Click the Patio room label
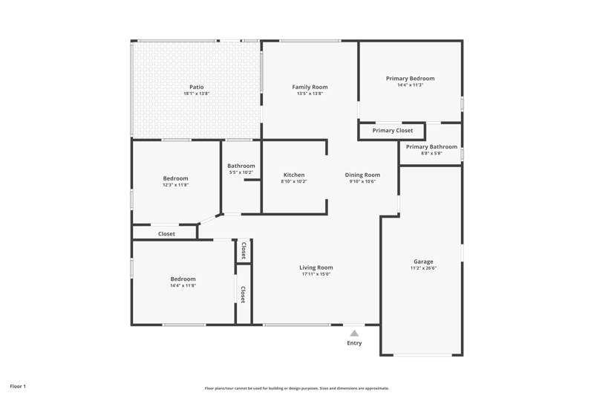(197, 87)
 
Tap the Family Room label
(310, 87)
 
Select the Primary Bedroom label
(411, 79)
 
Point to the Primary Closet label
(393, 130)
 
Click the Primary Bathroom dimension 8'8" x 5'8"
(431, 153)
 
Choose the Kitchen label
(294, 175)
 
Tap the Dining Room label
(362, 175)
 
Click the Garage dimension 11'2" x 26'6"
(423, 268)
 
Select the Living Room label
(316, 267)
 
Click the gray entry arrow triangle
(354, 334)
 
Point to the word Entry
(354, 343)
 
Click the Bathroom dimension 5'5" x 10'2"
(241, 172)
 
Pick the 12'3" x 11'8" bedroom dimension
(176, 185)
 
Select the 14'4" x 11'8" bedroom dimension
(183, 285)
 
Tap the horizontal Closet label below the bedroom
(166, 234)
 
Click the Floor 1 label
(18, 386)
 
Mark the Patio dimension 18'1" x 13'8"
(197, 93)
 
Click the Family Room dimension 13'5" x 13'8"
(310, 93)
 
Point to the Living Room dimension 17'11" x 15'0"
(316, 274)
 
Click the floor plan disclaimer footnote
(297, 388)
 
